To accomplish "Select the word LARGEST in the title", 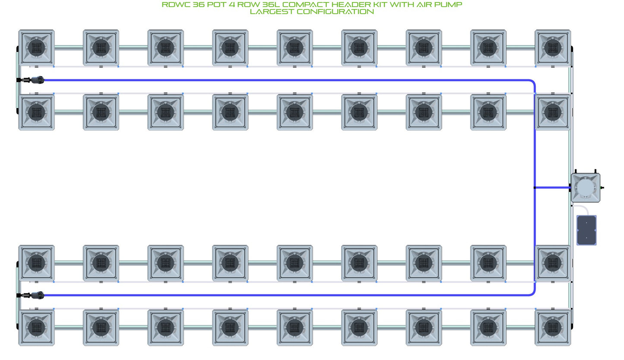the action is [x=272, y=12].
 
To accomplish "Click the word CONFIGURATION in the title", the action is [x=335, y=12].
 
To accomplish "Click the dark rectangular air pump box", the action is [x=586, y=230].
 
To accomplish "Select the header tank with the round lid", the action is [x=586, y=188].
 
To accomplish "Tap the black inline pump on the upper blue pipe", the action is [x=37, y=80].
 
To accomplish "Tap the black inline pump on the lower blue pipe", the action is [x=37, y=295].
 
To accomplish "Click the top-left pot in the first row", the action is [x=37, y=48].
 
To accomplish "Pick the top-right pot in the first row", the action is [x=553, y=48].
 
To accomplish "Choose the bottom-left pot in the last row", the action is [x=37, y=328].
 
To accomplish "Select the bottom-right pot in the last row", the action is [x=553, y=328].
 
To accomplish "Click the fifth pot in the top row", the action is [x=295, y=48].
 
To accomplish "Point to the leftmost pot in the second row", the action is [x=37, y=112].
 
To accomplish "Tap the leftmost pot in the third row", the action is [x=37, y=263].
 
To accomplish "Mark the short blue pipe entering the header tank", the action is [x=553, y=188].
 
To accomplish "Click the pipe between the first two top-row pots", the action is [x=69, y=48].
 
